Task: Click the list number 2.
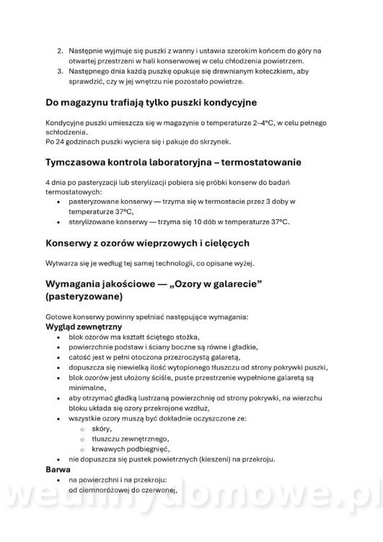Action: tap(60, 50)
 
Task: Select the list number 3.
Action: tap(60, 72)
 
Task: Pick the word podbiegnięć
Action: tap(155, 448)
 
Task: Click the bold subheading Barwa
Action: tap(58, 468)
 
